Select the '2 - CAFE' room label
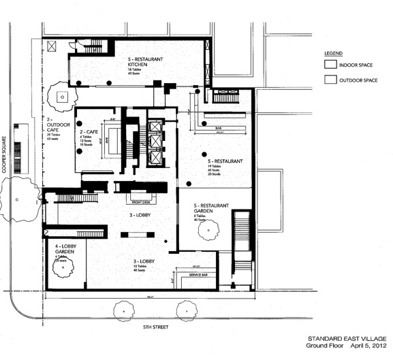91,131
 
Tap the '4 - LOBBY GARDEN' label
62,248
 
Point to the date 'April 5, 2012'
367,346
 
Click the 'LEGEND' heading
334,53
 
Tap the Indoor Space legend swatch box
330,65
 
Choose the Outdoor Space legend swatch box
330,80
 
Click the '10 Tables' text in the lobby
140,266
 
